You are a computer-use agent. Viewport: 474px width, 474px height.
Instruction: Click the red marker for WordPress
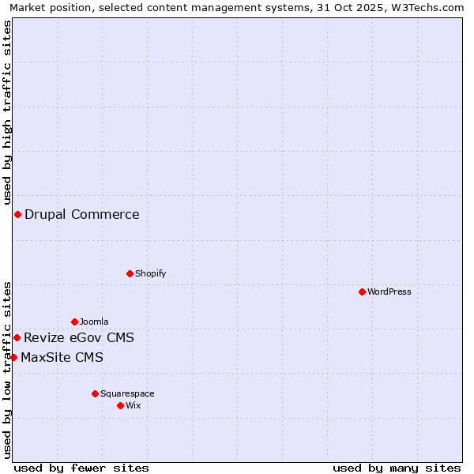tap(362, 292)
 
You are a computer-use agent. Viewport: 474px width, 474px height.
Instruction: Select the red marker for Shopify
tap(130, 273)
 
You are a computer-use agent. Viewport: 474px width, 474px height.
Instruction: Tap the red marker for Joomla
tap(74, 322)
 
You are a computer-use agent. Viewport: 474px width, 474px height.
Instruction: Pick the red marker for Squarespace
tap(95, 393)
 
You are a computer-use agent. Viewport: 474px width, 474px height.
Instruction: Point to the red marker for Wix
tap(120, 405)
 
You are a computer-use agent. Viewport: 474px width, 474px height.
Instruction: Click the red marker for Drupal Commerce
tap(17, 214)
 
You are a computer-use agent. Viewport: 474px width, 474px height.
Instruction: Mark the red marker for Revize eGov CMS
tap(17, 337)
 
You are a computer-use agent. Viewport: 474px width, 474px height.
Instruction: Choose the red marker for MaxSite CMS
tap(13, 357)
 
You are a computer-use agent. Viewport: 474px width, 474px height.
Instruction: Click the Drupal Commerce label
tap(82, 214)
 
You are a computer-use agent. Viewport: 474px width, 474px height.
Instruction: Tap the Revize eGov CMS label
tap(79, 338)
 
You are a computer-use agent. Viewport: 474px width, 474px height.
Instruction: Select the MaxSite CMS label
tap(62, 358)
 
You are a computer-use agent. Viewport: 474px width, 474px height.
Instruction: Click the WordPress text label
tap(389, 292)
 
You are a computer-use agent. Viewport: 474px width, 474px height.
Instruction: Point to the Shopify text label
tap(150, 273)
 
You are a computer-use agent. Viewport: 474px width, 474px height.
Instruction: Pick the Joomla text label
tap(94, 322)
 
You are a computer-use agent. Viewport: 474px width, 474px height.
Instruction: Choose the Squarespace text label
tap(127, 393)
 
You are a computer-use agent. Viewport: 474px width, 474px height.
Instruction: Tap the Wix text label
tap(133, 405)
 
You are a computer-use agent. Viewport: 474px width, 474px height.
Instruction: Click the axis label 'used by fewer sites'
tap(81, 468)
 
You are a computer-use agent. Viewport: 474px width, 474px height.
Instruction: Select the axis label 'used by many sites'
tap(397, 468)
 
